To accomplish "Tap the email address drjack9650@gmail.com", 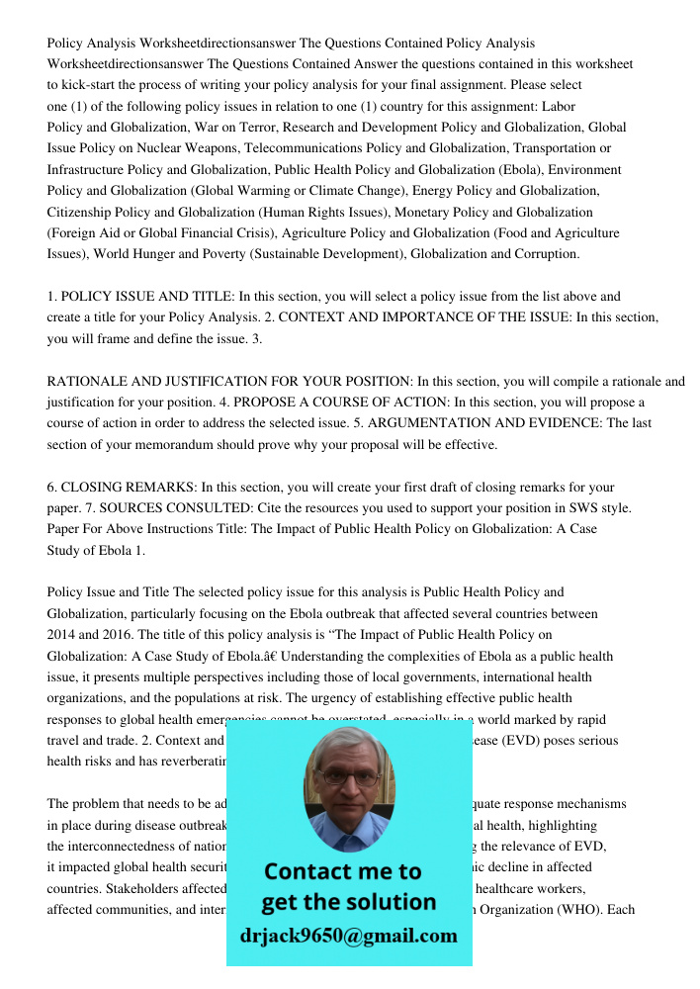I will tap(348, 936).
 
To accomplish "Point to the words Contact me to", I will tap(343, 871).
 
